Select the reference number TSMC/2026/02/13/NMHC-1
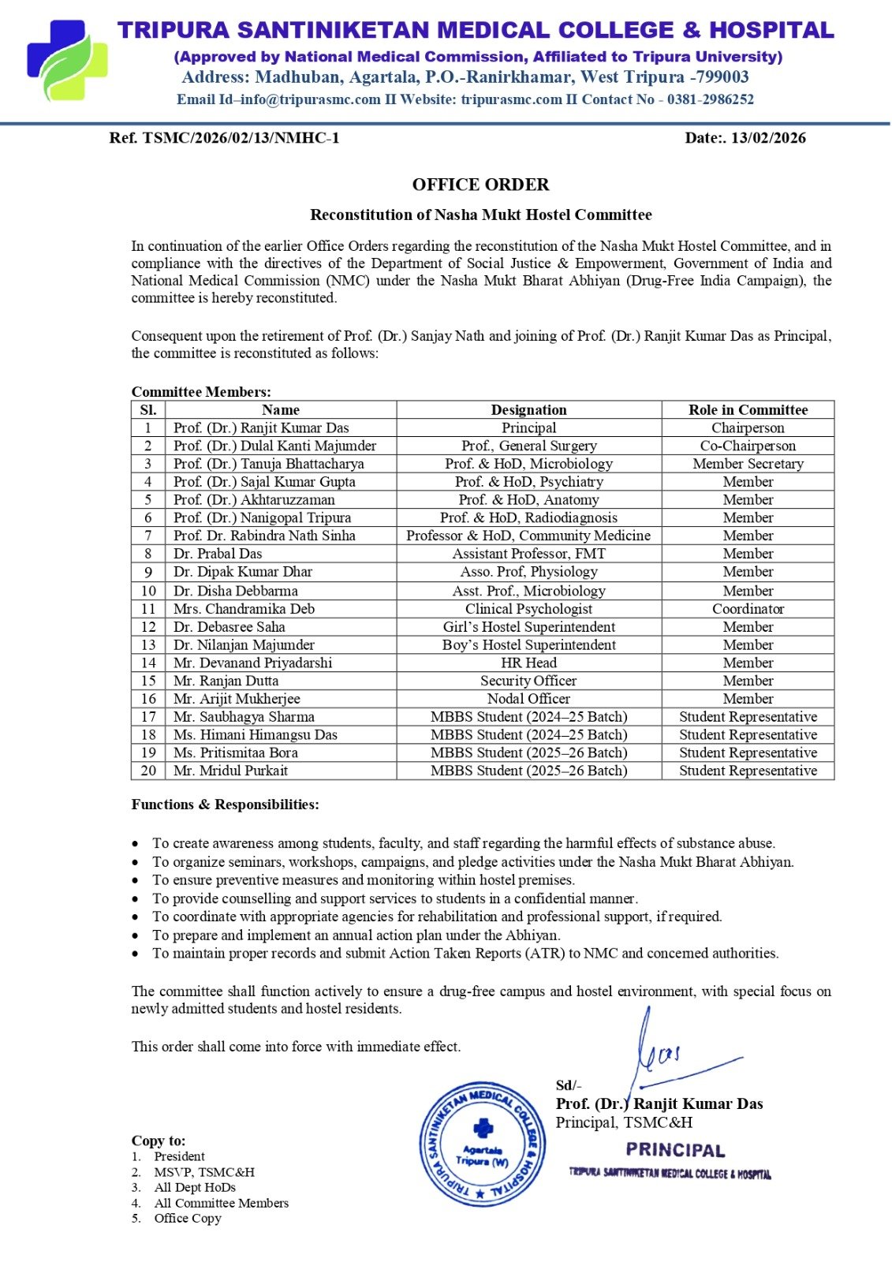(x=241, y=138)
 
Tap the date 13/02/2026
(x=768, y=138)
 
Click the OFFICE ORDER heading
(x=480, y=185)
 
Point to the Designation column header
(x=528, y=410)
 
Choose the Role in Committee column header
(x=748, y=410)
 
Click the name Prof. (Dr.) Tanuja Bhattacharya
(x=268, y=464)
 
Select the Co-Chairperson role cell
(x=748, y=446)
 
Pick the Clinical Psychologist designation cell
(x=528, y=609)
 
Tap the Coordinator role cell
(x=748, y=609)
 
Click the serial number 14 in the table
(x=148, y=663)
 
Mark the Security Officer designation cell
(x=528, y=681)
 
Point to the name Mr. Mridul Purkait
(x=230, y=771)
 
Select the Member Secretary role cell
(x=748, y=464)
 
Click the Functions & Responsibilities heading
(x=226, y=805)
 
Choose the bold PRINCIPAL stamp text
(x=675, y=1151)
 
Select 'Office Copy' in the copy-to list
(x=188, y=1218)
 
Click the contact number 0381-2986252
(x=710, y=99)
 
